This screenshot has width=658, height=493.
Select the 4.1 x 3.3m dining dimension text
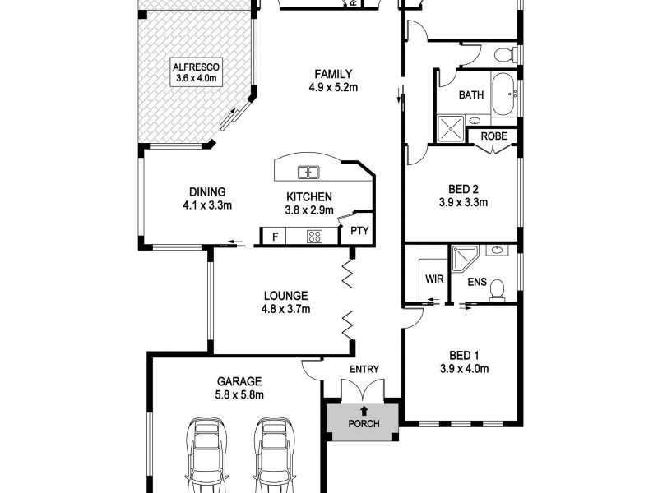click(207, 205)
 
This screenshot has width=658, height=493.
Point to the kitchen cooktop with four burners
click(313, 237)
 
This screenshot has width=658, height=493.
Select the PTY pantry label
click(359, 231)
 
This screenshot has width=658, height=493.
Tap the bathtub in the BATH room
click(501, 95)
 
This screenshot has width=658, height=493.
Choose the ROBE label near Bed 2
click(493, 136)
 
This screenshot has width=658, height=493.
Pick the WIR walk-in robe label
click(433, 279)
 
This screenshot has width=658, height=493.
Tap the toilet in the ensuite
click(498, 290)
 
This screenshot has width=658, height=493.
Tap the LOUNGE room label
click(285, 296)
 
